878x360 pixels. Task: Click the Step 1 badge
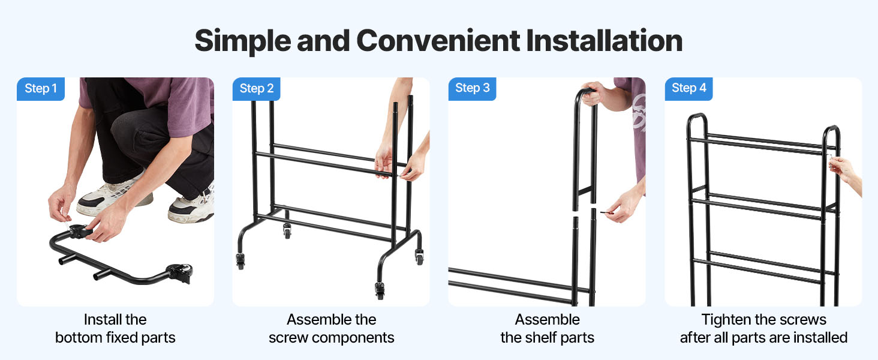(x=40, y=89)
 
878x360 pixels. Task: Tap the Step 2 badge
(x=256, y=89)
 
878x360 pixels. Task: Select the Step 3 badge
(x=472, y=88)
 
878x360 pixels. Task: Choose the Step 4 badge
(x=688, y=88)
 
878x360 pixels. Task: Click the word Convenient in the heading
(x=438, y=41)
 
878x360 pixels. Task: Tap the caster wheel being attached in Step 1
(x=79, y=232)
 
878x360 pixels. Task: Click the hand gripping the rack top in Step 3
(x=598, y=96)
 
